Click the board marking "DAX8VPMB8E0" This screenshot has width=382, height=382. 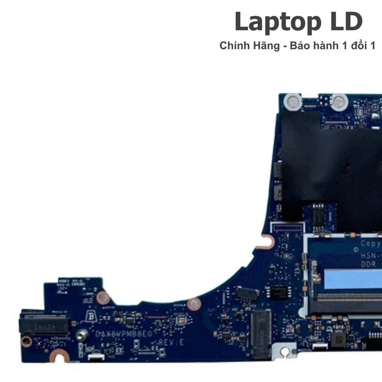point(124,334)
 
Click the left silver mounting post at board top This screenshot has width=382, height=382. point(292,101)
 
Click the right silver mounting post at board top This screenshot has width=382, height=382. point(339,101)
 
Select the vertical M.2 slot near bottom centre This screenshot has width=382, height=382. point(261,332)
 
